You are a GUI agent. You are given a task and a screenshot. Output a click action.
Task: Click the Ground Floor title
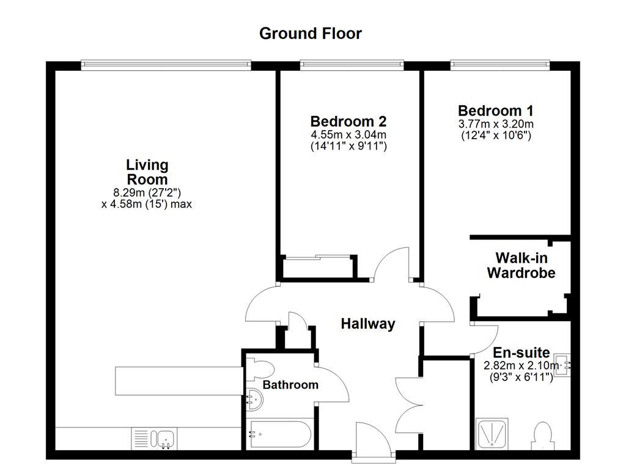(311, 33)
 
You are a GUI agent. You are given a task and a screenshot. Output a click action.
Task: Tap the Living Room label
(147, 172)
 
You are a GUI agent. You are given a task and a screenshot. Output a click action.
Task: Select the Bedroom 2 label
(348, 121)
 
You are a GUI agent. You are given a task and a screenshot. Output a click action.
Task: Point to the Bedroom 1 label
(495, 111)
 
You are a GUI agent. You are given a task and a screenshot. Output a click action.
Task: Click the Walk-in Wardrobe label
(521, 266)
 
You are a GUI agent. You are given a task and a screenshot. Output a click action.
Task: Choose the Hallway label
(367, 324)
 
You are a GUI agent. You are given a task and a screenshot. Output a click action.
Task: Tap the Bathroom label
(290, 385)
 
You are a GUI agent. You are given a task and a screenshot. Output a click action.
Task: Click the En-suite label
(521, 352)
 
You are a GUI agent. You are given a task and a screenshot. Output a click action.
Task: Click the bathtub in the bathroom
(280, 435)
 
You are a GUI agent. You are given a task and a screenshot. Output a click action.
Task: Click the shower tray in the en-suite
(492, 434)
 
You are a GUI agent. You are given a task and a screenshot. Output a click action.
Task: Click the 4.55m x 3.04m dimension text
(348, 135)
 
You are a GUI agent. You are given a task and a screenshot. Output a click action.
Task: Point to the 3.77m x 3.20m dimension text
(495, 124)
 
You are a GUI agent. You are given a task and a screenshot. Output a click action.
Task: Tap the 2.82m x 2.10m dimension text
(521, 366)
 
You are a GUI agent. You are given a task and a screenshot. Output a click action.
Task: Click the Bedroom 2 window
(352, 64)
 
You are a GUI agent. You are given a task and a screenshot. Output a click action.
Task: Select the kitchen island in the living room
(178, 380)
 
